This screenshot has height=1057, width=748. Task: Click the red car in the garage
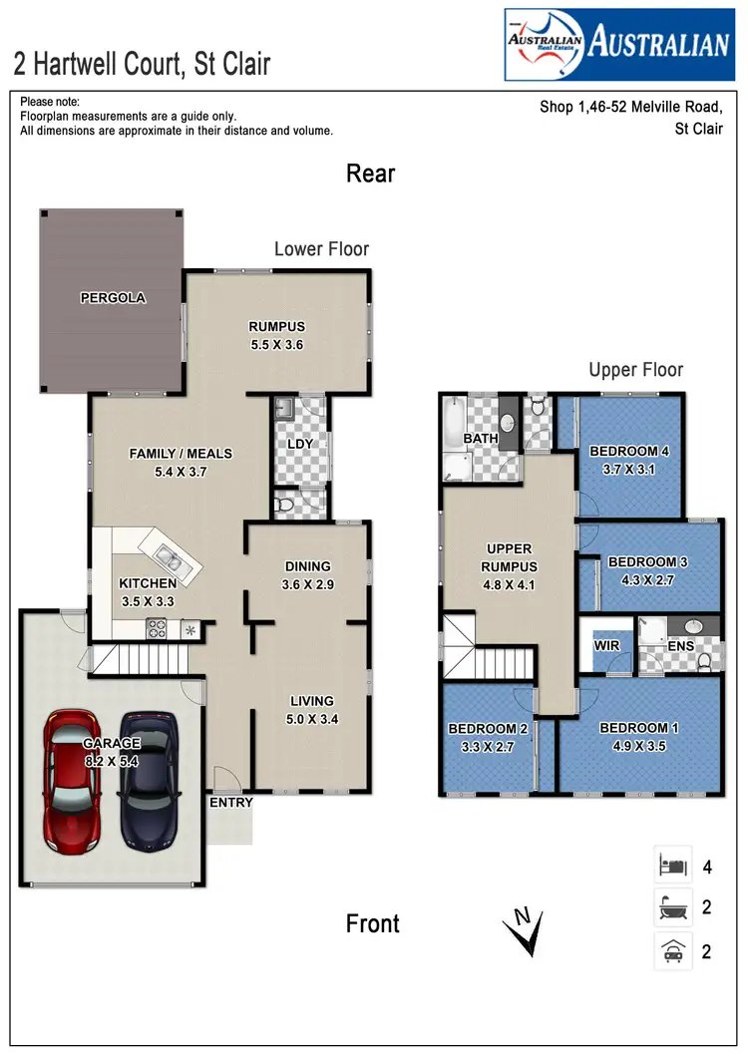73,777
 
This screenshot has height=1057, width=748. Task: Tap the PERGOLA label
113,298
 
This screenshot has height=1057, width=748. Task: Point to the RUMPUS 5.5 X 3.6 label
276,336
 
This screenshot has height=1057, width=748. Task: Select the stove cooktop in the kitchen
158,628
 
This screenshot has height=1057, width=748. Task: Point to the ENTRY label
230,803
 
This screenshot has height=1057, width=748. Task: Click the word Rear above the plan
370,174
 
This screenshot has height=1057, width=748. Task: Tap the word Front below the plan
372,923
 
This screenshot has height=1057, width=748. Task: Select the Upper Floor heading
635,370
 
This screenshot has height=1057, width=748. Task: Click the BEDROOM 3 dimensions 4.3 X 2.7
648,576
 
